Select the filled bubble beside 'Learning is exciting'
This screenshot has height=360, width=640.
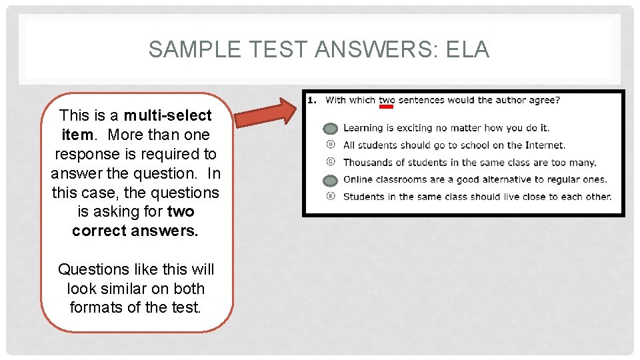[x=330, y=129]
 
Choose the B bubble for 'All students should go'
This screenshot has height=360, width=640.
[x=330, y=145]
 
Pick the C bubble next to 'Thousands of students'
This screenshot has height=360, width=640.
[x=330, y=162]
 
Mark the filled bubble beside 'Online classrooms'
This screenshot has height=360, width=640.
[x=330, y=180]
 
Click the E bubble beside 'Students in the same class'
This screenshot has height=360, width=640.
[x=330, y=197]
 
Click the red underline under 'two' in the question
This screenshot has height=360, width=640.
[x=386, y=106]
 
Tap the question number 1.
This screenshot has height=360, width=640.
[x=311, y=100]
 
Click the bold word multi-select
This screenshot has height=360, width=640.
[x=167, y=115]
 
